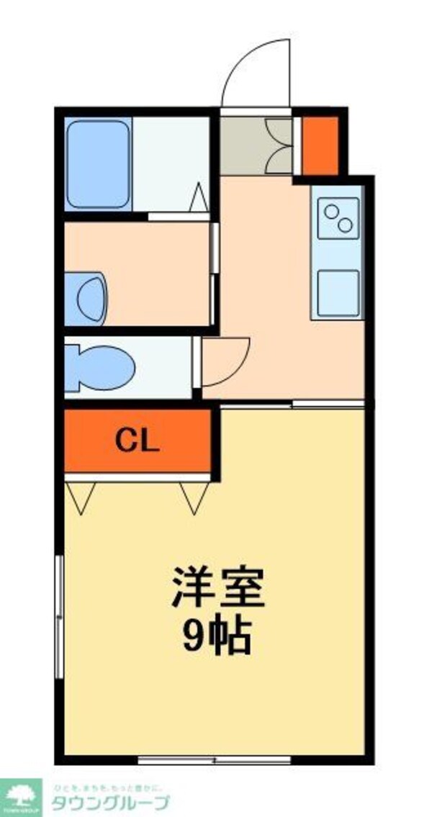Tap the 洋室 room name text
click(x=218, y=587)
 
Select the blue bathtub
click(x=98, y=163)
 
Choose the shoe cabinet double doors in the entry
click(x=279, y=146)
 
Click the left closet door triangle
click(x=80, y=497)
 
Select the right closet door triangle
click(x=194, y=497)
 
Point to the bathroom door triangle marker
click(x=199, y=198)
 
